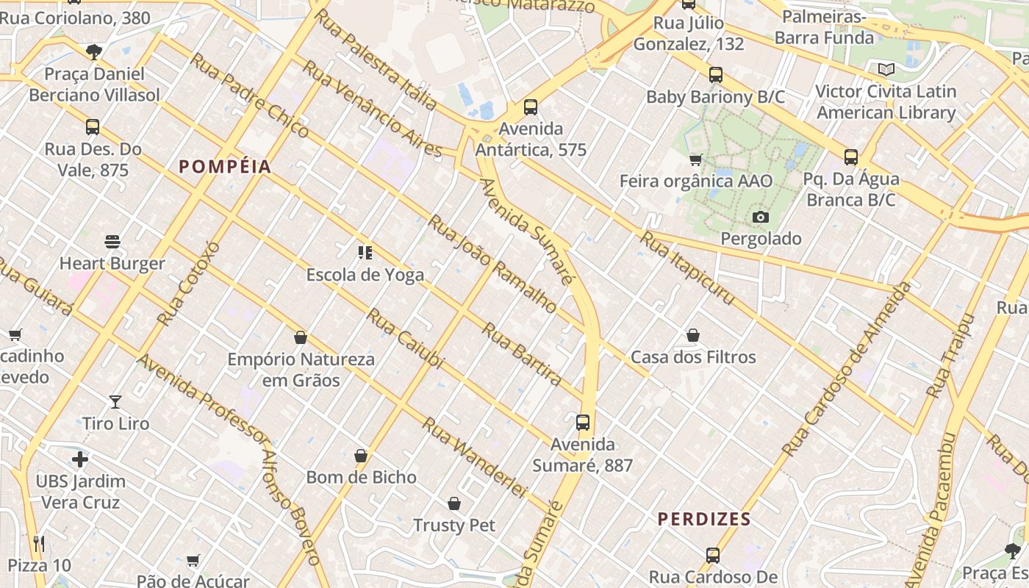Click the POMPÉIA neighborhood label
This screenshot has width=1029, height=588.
click(x=225, y=167)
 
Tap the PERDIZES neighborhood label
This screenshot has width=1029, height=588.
click(x=704, y=520)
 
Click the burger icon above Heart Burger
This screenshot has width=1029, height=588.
click(x=112, y=242)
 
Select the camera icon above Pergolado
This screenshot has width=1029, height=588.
click(x=761, y=217)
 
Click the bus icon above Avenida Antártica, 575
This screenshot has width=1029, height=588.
click(x=531, y=107)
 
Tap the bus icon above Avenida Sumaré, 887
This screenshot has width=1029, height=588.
click(x=583, y=423)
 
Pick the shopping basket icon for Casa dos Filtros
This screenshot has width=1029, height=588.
click(x=693, y=336)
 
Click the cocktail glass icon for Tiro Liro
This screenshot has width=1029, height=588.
click(x=115, y=402)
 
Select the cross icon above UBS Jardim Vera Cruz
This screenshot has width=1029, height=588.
click(x=80, y=460)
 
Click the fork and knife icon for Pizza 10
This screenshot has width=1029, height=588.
click(x=40, y=544)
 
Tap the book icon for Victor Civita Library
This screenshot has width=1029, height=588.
click(x=886, y=70)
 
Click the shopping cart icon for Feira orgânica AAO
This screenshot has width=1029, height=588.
click(x=695, y=159)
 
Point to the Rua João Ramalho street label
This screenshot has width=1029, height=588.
click(x=492, y=264)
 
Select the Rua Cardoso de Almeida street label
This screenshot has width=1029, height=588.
click(x=847, y=367)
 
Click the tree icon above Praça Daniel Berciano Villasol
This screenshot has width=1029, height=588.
click(x=93, y=52)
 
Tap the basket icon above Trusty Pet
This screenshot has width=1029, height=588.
click(x=454, y=503)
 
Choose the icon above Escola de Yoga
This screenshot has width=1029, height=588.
click(x=365, y=253)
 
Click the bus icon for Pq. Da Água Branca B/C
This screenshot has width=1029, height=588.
click(x=851, y=157)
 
